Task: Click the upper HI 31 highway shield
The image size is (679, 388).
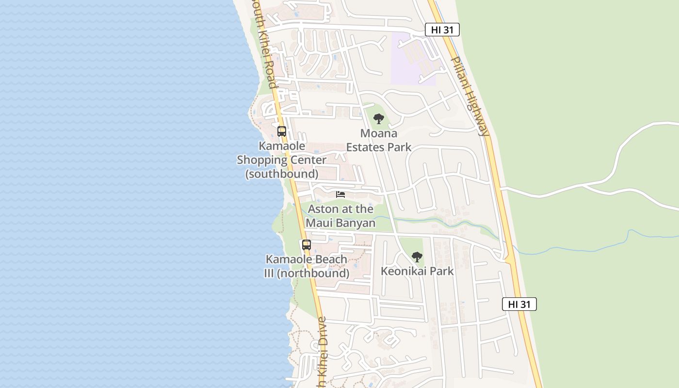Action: tap(442, 30)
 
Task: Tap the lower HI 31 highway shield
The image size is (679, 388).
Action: tap(519, 304)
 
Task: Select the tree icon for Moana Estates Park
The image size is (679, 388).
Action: tap(379, 118)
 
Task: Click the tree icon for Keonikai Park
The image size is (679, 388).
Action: tap(417, 257)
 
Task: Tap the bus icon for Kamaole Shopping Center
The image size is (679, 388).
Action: tap(282, 131)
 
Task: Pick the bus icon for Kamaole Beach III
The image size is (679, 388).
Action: tap(306, 245)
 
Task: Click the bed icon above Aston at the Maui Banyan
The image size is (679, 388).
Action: tap(340, 194)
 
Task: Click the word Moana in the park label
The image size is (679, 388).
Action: tap(379, 133)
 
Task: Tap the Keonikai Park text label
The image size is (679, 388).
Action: tap(417, 271)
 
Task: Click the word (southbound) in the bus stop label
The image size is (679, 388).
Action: tap(282, 174)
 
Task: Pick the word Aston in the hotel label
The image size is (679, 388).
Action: tap(323, 209)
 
